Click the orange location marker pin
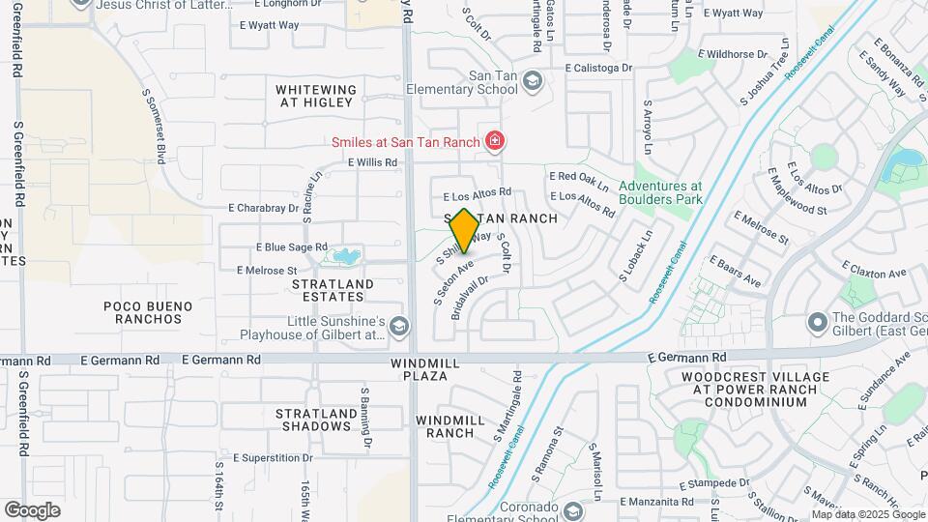pyautogui.click(x=464, y=231)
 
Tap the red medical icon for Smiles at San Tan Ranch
pyautogui.click(x=495, y=142)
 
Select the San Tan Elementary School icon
pyautogui.click(x=532, y=82)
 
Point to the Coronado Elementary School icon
pyautogui.click(x=573, y=509)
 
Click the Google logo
pyautogui.click(x=32, y=510)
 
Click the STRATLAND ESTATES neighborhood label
pyautogui.click(x=333, y=291)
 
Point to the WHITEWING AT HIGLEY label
pyautogui.click(x=317, y=96)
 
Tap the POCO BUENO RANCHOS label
pyautogui.click(x=148, y=311)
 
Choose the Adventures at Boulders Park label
pyautogui.click(x=660, y=193)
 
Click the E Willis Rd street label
pyautogui.click(x=373, y=162)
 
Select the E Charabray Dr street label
pyautogui.click(x=263, y=208)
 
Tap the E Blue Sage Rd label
pyautogui.click(x=292, y=246)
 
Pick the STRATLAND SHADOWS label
pyautogui.click(x=312, y=420)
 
